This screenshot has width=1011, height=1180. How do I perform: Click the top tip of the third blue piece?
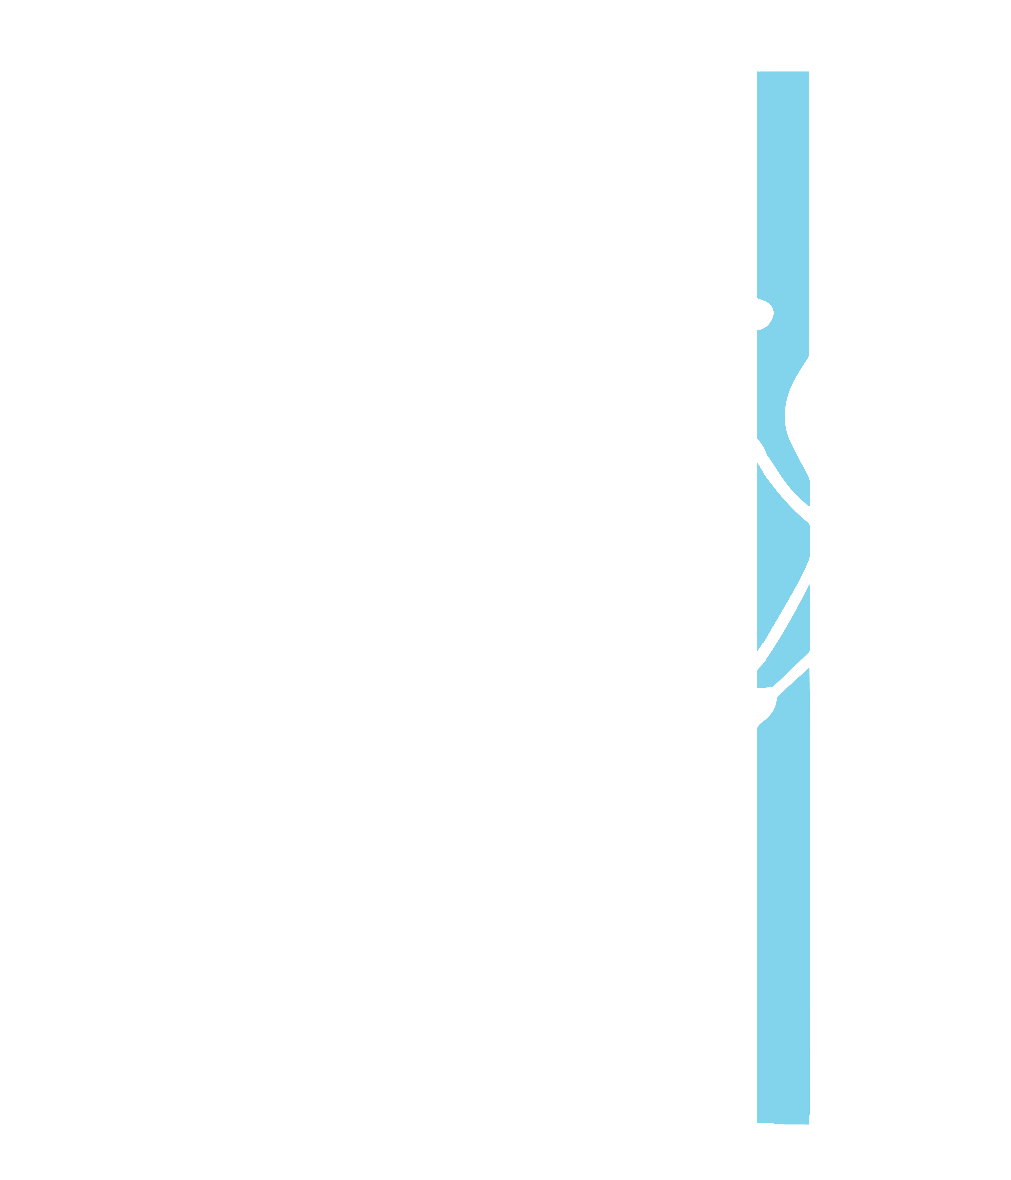809,585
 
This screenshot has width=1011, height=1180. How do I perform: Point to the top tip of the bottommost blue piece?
809,669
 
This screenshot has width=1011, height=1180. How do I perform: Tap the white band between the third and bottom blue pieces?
789,681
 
